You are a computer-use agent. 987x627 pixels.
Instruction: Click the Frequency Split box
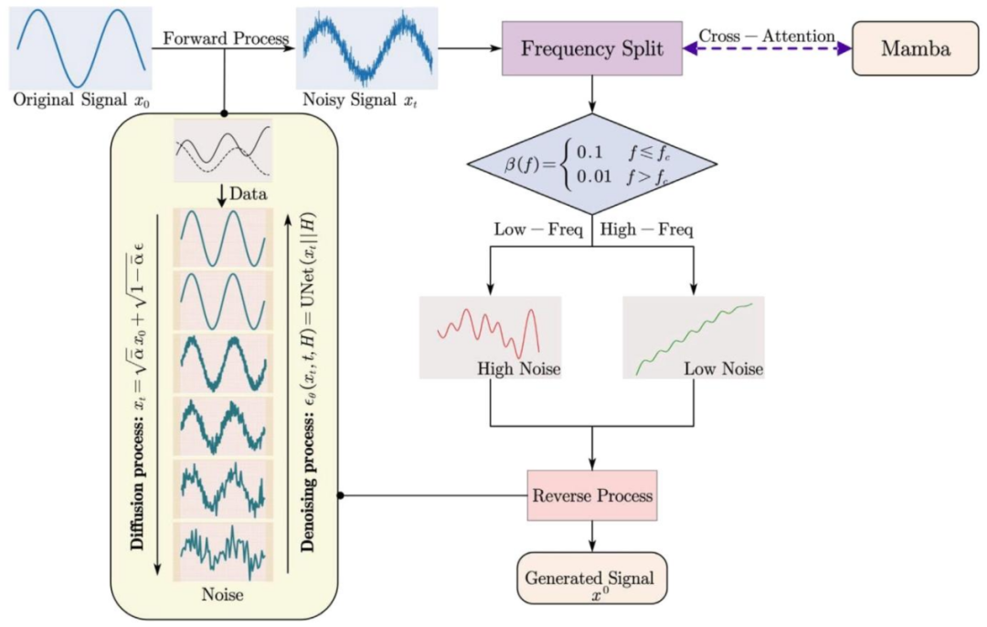click(591, 48)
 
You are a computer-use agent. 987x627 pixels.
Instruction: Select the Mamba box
click(915, 48)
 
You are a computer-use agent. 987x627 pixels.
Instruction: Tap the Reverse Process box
click(592, 495)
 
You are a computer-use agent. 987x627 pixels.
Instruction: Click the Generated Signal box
click(591, 579)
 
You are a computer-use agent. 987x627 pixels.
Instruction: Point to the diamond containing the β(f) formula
click(591, 164)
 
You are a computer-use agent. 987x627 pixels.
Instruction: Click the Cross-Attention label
click(767, 36)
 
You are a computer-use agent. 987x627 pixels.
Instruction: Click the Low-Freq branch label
click(538, 228)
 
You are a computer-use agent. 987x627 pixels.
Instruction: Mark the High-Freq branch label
click(646, 228)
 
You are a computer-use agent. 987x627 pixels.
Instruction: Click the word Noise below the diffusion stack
click(222, 594)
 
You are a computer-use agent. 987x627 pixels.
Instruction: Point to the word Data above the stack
click(247, 195)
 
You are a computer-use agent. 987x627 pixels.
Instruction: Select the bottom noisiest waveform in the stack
click(223, 551)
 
